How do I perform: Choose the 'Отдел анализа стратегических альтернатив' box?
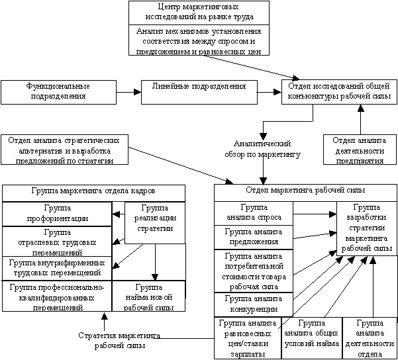[64, 150]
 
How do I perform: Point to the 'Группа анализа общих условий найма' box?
[311, 337]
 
